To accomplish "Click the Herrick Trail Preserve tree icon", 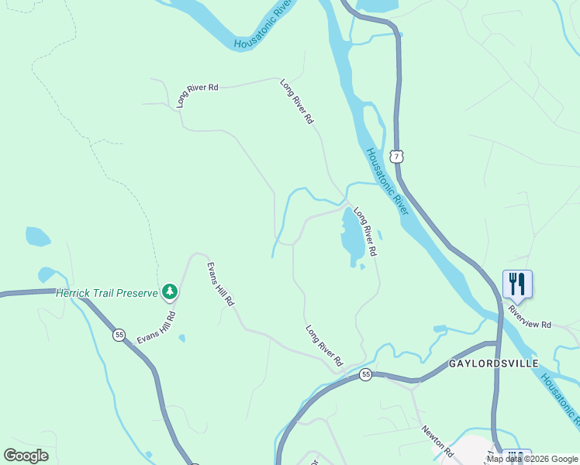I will click(x=170, y=292).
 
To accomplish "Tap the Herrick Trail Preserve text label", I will click(x=108, y=292).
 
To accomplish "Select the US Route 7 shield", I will click(x=397, y=157).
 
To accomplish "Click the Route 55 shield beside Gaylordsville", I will click(x=365, y=375).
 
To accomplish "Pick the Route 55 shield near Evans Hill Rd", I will click(x=119, y=335).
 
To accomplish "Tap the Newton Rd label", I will click(x=437, y=440).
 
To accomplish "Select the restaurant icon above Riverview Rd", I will click(x=517, y=284).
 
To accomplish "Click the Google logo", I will click(x=26, y=456).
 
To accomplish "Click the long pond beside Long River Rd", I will click(x=351, y=236).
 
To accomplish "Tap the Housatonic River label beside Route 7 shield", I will click(x=387, y=181).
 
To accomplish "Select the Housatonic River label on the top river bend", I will click(x=266, y=26).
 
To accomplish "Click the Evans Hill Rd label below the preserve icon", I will click(x=157, y=327).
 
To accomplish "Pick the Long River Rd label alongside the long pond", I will click(x=365, y=232).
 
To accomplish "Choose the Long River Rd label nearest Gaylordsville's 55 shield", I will click(x=324, y=346).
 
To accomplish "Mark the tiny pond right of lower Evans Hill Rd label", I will click(x=181, y=338).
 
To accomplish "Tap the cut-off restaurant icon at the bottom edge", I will click(x=517, y=457).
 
